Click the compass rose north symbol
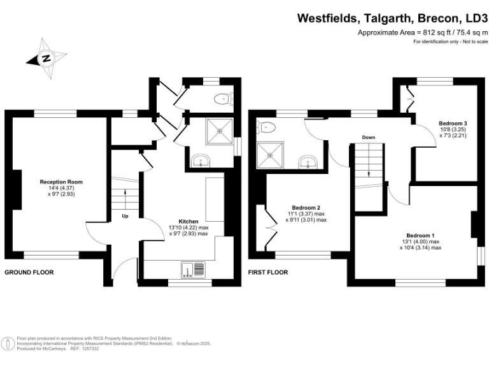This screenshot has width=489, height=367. coord(46,59)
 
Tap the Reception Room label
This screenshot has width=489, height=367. coord(62,182)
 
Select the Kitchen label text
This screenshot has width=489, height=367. coord(188,221)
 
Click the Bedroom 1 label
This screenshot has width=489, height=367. coord(421,235)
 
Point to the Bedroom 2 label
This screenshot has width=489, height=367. coord(306,208)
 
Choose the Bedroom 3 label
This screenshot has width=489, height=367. coord(453,124)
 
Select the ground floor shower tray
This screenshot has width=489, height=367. coord(220,131)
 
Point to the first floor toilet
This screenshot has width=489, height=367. coord(266,127)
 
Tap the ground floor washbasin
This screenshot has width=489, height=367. coord(202,159)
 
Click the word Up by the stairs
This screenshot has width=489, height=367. coord(125,216)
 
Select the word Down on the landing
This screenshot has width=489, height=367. coord(368,137)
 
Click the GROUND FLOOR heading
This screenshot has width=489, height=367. coord(29,272)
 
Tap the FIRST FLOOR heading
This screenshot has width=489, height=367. coord(267,272)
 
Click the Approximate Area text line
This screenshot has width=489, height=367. coord(422,32)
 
